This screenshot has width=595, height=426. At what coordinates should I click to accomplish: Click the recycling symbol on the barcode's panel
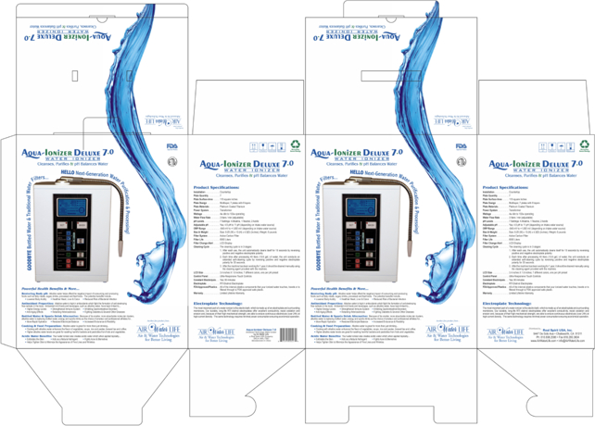pyautogui.click(x=295, y=144)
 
